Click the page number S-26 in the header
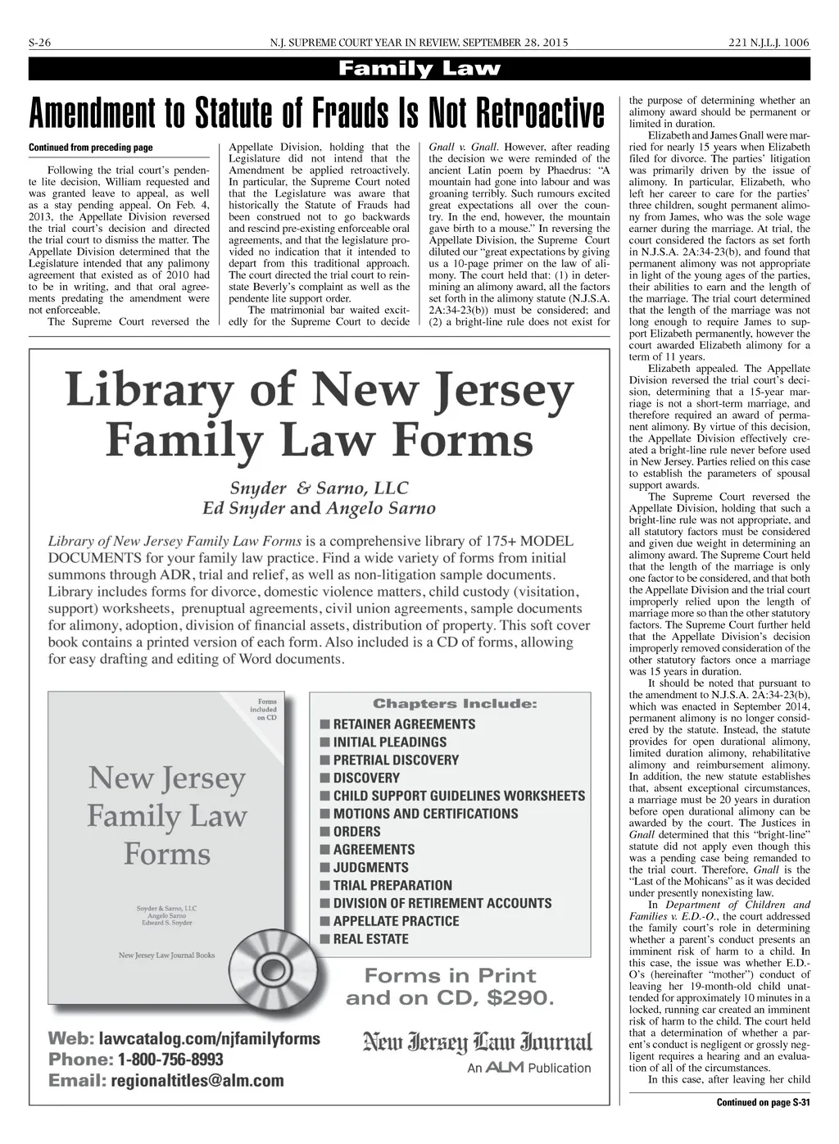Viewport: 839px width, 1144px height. pyautogui.click(x=40, y=43)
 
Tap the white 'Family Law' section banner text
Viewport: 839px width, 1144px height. pyautogui.click(x=419, y=69)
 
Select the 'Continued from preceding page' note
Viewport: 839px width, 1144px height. pyautogui.click(x=90, y=148)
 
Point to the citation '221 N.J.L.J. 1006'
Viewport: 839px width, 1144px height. pyautogui.click(x=769, y=43)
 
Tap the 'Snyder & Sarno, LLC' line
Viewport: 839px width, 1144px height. pyautogui.click(x=319, y=488)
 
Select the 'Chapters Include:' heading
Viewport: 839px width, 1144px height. pyautogui.click(x=455, y=704)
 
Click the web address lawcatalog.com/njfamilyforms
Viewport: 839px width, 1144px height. pyautogui.click(x=209, y=1038)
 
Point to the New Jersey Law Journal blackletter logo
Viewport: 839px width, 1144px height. pyautogui.click(x=477, y=1042)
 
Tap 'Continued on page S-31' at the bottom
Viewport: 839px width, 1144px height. pyautogui.click(x=763, y=1102)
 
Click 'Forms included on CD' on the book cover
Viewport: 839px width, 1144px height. pyautogui.click(x=266, y=710)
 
